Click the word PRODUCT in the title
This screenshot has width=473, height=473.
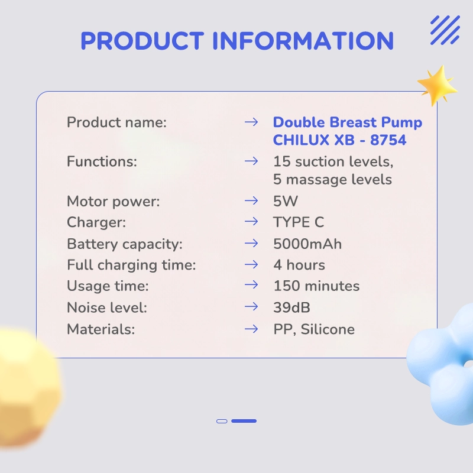(142, 40)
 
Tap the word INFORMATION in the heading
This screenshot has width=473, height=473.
(303, 40)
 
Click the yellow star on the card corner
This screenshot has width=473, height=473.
(438, 85)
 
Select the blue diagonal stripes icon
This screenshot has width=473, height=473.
(445, 30)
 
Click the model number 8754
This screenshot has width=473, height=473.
(388, 140)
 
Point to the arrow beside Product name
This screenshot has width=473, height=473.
(251, 122)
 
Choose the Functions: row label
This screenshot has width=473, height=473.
(102, 161)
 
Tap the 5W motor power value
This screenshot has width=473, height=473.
(286, 201)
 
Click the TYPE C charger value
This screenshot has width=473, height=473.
(299, 222)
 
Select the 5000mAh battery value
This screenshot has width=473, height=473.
(307, 244)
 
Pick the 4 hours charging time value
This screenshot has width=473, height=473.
(299, 265)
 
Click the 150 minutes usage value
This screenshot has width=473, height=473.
(316, 286)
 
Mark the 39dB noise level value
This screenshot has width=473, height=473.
(291, 307)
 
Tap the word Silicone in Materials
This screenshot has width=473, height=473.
(328, 329)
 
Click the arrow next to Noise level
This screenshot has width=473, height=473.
(251, 307)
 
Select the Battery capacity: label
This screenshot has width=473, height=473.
(125, 244)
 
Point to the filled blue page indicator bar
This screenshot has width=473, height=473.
(244, 421)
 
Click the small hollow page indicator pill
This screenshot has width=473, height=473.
(222, 422)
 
